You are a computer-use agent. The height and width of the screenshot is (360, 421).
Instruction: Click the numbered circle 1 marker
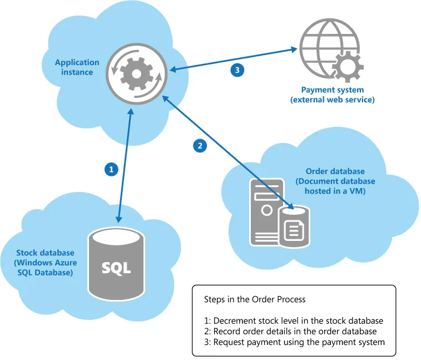tap(112, 168)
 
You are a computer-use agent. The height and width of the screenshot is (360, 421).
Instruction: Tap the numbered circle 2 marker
tap(200, 146)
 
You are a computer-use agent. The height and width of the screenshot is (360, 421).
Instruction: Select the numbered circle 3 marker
tap(237, 70)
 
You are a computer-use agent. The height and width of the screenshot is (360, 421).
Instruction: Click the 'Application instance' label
tap(77, 67)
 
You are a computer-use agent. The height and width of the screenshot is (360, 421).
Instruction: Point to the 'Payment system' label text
tap(333, 90)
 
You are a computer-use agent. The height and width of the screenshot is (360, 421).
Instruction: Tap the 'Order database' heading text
tap(335, 171)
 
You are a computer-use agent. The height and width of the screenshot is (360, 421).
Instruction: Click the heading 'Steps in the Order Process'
tap(255, 299)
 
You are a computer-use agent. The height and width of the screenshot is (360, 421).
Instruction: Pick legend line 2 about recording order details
tap(290, 332)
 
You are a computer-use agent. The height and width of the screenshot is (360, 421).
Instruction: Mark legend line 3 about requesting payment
tap(294, 342)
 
